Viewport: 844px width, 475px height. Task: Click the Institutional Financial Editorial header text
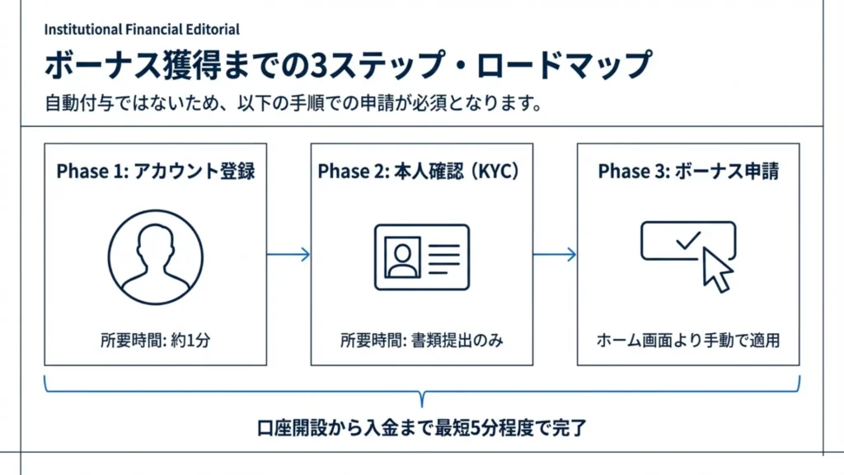(x=142, y=30)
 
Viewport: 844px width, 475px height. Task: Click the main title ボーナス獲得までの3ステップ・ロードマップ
(x=347, y=66)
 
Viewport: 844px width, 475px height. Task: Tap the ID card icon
(x=421, y=256)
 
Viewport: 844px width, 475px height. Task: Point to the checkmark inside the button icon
(x=687, y=241)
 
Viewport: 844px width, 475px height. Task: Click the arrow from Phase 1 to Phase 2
(x=288, y=255)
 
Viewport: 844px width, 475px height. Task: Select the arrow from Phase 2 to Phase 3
(x=555, y=255)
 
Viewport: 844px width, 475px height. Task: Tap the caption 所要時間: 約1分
(x=155, y=340)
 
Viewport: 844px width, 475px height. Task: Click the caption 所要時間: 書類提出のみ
(x=421, y=340)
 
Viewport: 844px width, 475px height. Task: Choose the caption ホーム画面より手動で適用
(x=688, y=340)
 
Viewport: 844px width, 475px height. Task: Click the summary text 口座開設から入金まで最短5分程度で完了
(x=422, y=430)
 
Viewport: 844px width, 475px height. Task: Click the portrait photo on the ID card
(x=401, y=256)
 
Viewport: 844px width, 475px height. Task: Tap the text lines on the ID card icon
(x=443, y=256)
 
